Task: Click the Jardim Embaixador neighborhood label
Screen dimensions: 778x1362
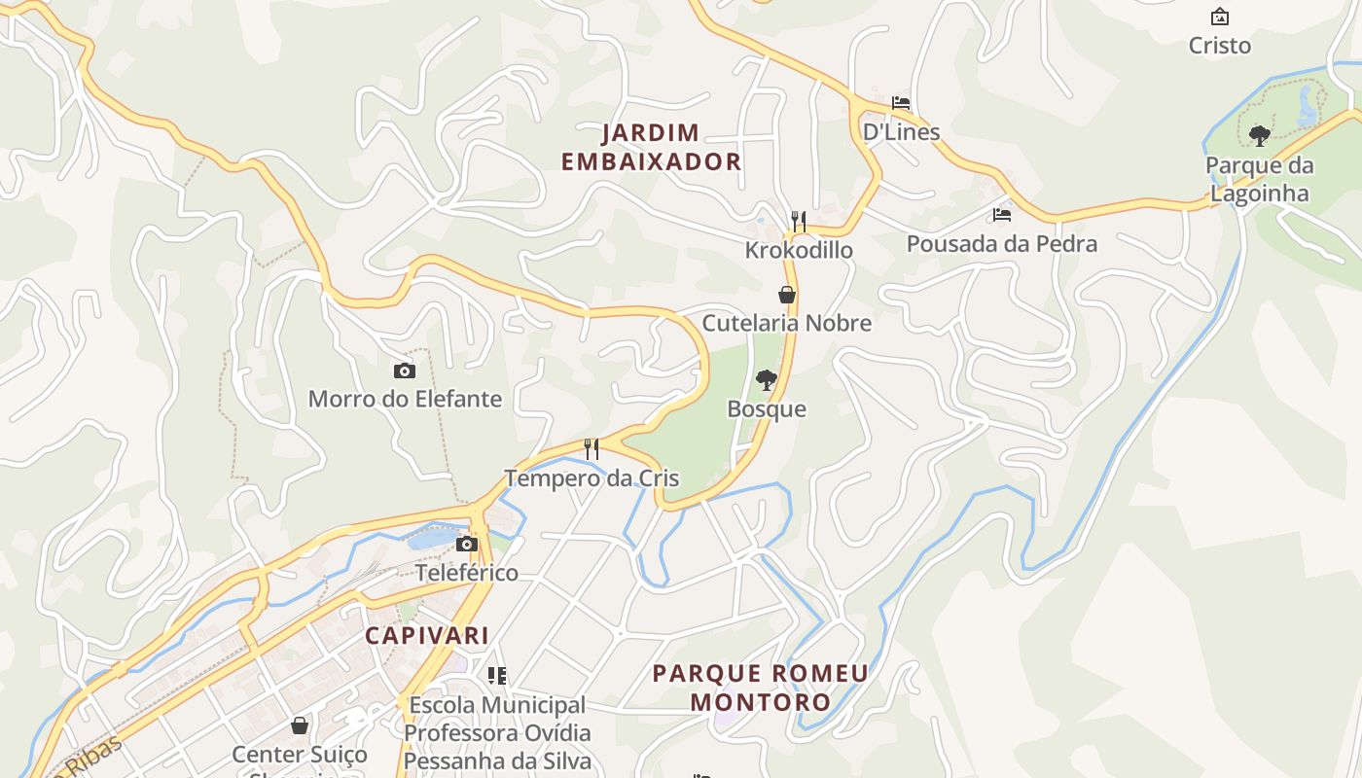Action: coord(651,147)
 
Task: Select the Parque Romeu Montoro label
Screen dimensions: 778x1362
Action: coord(761,687)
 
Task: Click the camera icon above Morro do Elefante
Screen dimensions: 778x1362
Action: coord(405,371)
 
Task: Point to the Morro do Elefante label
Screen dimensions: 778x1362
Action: coord(405,399)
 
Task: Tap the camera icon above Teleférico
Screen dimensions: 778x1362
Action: coord(467,544)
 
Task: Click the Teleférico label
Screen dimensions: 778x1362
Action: coord(467,572)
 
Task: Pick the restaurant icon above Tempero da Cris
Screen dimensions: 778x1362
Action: coord(591,449)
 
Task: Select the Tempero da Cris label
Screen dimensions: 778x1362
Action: coord(591,478)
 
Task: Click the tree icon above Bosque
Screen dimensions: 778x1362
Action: coord(767,379)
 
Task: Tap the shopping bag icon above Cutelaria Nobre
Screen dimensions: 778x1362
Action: coord(787,295)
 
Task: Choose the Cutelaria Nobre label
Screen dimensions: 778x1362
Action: coord(787,323)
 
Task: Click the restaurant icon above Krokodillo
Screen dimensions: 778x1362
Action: coord(799,222)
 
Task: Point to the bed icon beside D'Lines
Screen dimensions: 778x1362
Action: coord(901,103)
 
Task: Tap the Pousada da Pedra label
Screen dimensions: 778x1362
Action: coord(1002,243)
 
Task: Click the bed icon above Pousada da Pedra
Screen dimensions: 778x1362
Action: coord(1002,215)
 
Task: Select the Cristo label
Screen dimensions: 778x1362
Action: coord(1220,45)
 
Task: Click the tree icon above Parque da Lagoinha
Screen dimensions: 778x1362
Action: coord(1260,136)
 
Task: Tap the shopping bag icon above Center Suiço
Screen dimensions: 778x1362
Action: coord(300,725)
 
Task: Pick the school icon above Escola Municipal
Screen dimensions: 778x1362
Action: coord(497,675)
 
